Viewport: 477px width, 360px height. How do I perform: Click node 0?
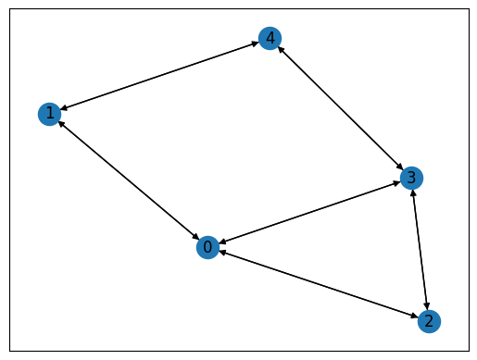tap(207, 247)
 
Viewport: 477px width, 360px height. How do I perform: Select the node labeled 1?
tap(49, 114)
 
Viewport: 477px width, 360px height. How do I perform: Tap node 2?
tap(429, 321)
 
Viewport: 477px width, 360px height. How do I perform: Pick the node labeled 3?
tap(411, 177)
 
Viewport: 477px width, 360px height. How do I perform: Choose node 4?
tap(270, 39)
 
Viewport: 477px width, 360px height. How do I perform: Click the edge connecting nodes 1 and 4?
tap(159, 77)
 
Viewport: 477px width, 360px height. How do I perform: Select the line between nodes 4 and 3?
tap(341, 108)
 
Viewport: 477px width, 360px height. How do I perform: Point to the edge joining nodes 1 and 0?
tap(128, 180)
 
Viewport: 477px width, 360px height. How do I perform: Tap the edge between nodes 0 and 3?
tap(309, 212)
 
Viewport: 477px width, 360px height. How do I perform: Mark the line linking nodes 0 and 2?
tap(318, 284)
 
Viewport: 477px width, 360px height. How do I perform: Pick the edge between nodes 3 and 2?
tap(420, 249)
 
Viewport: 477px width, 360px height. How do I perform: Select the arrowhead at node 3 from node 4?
tap(401, 167)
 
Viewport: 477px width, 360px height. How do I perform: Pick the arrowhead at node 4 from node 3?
tap(280, 49)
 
